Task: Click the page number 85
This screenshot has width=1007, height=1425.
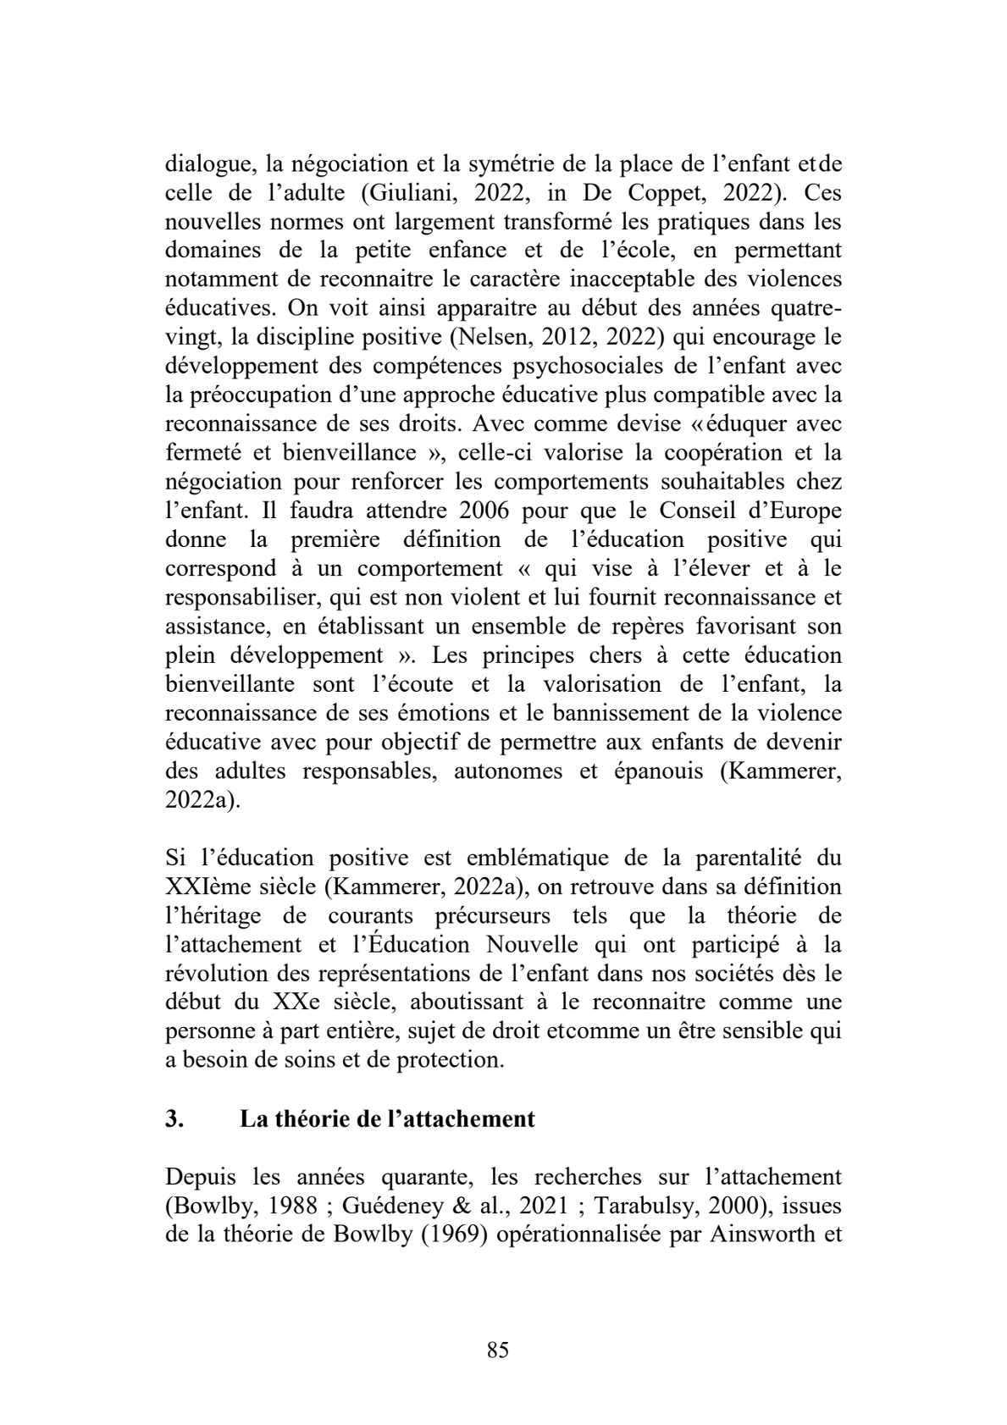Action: (x=498, y=1350)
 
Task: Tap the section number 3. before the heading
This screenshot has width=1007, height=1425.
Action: (x=174, y=1119)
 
